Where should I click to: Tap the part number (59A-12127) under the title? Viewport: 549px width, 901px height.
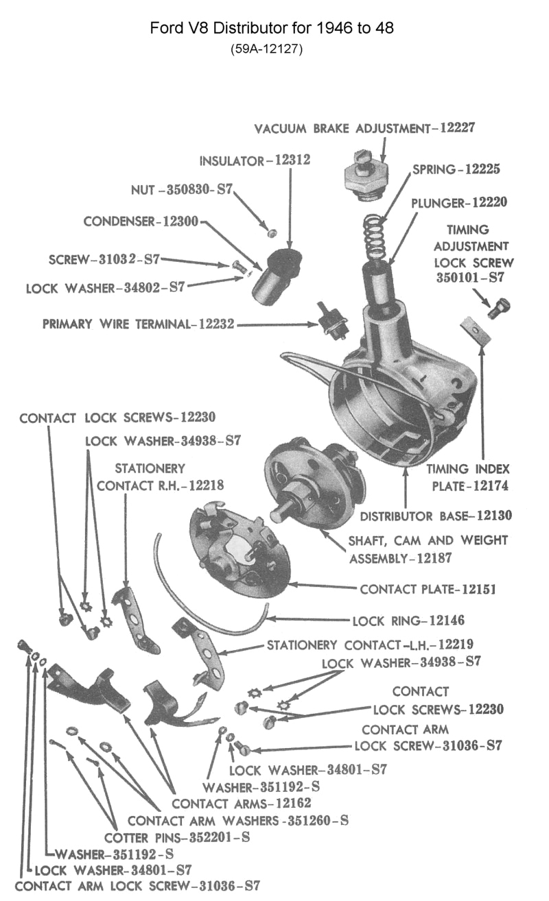coord(272,49)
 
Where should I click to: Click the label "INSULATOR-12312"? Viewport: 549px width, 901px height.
coord(255,160)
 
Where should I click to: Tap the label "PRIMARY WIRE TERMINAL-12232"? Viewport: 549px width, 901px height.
coord(138,324)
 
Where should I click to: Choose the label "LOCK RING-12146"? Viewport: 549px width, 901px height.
coord(408,621)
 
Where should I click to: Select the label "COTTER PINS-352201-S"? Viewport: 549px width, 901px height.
coord(176,837)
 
